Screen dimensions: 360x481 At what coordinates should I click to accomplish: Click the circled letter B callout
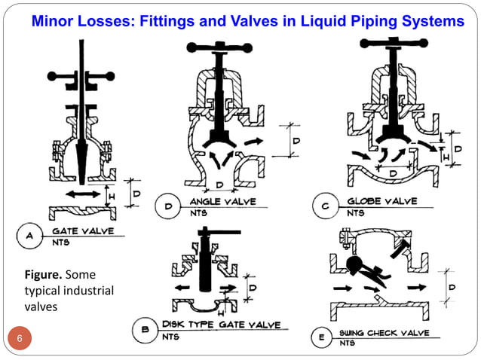tap(145, 330)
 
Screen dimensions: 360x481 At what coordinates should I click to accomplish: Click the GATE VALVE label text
tap(83, 230)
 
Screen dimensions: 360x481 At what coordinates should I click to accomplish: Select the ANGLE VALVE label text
tap(222, 202)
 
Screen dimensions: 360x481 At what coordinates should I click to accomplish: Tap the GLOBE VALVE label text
tap(384, 202)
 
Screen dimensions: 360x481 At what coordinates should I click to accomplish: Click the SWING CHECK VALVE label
tap(384, 333)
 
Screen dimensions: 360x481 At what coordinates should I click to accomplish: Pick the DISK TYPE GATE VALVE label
tap(222, 325)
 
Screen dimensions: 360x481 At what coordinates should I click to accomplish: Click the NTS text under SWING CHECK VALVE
tap(347, 343)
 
